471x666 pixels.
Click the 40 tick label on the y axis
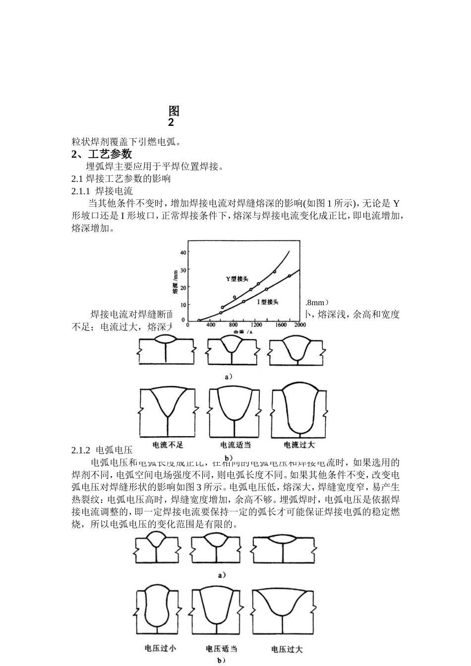pos(183,252)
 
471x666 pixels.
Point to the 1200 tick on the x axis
pos(256,325)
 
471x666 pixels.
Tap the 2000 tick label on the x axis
pos(299,325)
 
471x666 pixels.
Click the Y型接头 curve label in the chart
pos(237,279)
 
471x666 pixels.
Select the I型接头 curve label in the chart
pos(268,302)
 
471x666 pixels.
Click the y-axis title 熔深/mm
pos(175,282)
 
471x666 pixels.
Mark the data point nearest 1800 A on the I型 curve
pos(290,276)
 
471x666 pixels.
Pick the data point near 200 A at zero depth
pos(199,320)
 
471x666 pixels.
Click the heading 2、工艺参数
pos(102,154)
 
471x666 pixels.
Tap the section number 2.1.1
pos(80,191)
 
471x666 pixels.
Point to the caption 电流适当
pos(235,444)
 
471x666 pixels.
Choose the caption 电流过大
pos(299,445)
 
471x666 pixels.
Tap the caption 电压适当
pos(222,648)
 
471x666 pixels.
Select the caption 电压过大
pos(287,649)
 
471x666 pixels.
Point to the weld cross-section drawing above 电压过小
pos(157,610)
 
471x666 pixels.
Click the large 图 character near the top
pos(174,111)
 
